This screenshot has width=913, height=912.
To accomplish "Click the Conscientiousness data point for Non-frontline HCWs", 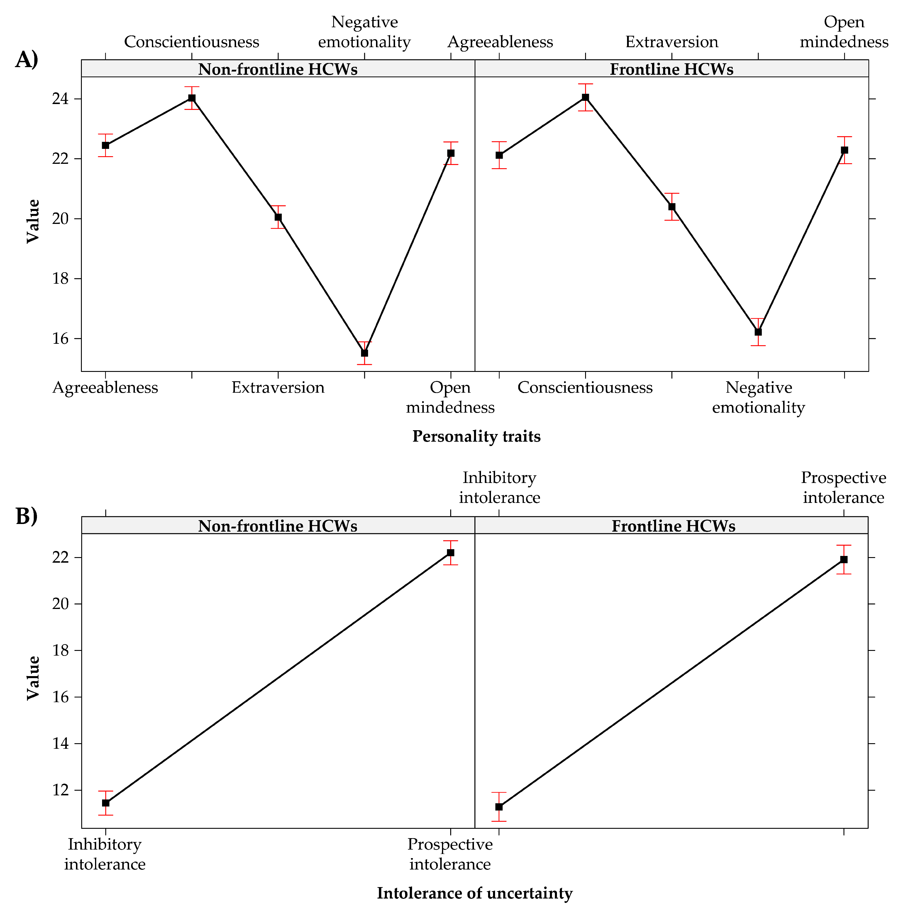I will [192, 98].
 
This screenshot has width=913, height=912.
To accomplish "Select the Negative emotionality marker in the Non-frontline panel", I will [364, 353].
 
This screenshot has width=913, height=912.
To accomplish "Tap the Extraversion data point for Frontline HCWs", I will [672, 206].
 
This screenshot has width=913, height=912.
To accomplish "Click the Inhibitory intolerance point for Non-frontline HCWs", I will [105, 803].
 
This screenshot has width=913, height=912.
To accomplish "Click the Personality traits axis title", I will [476, 436].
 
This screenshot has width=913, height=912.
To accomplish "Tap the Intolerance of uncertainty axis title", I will [475, 893].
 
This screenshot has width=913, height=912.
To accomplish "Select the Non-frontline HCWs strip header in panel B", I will [277, 526].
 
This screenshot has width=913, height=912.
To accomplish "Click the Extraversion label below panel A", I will [278, 388].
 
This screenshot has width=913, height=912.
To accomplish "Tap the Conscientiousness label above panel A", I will [192, 42].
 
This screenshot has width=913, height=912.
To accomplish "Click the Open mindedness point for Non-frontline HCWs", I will [450, 153].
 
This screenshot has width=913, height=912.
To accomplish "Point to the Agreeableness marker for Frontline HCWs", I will [499, 155].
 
